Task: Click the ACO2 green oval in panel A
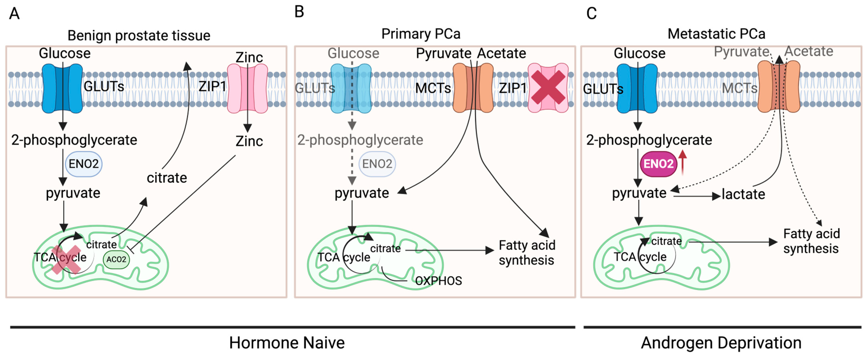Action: coord(116,259)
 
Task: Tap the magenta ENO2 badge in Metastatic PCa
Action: coord(658,164)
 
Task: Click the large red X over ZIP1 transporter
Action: coord(548,87)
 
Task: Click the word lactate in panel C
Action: coord(743,194)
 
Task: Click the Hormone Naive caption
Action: coord(287,343)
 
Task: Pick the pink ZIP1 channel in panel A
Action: coord(247,88)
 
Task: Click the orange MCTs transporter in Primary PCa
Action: coord(473,88)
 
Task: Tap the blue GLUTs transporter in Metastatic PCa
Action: coord(637,88)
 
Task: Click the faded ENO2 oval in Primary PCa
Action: coord(377,164)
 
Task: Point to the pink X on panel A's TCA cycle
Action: coord(66,259)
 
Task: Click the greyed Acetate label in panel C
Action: coord(809,51)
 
